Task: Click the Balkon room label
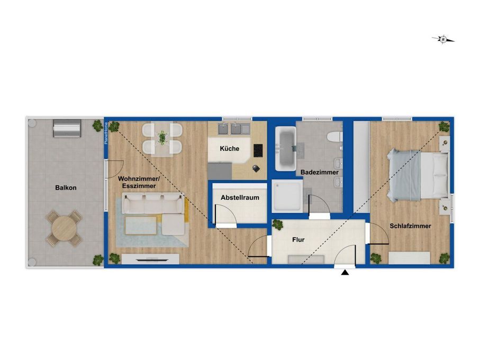[66, 187]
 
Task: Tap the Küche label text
[230, 148]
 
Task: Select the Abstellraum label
[240, 198]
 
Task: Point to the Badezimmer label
[320, 173]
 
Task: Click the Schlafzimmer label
[410, 226]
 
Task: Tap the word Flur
[298, 240]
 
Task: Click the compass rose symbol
[443, 39]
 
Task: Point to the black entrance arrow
[345, 272]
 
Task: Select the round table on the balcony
[64, 228]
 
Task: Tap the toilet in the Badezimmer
[334, 136]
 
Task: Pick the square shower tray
[287, 196]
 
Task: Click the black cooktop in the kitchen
[258, 150]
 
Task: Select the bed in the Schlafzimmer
[418, 175]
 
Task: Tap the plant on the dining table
[162, 138]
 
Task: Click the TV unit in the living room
[150, 259]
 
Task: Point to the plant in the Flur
[278, 224]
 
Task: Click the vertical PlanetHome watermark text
[106, 133]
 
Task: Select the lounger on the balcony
[67, 128]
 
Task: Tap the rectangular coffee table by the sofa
[141, 226]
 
